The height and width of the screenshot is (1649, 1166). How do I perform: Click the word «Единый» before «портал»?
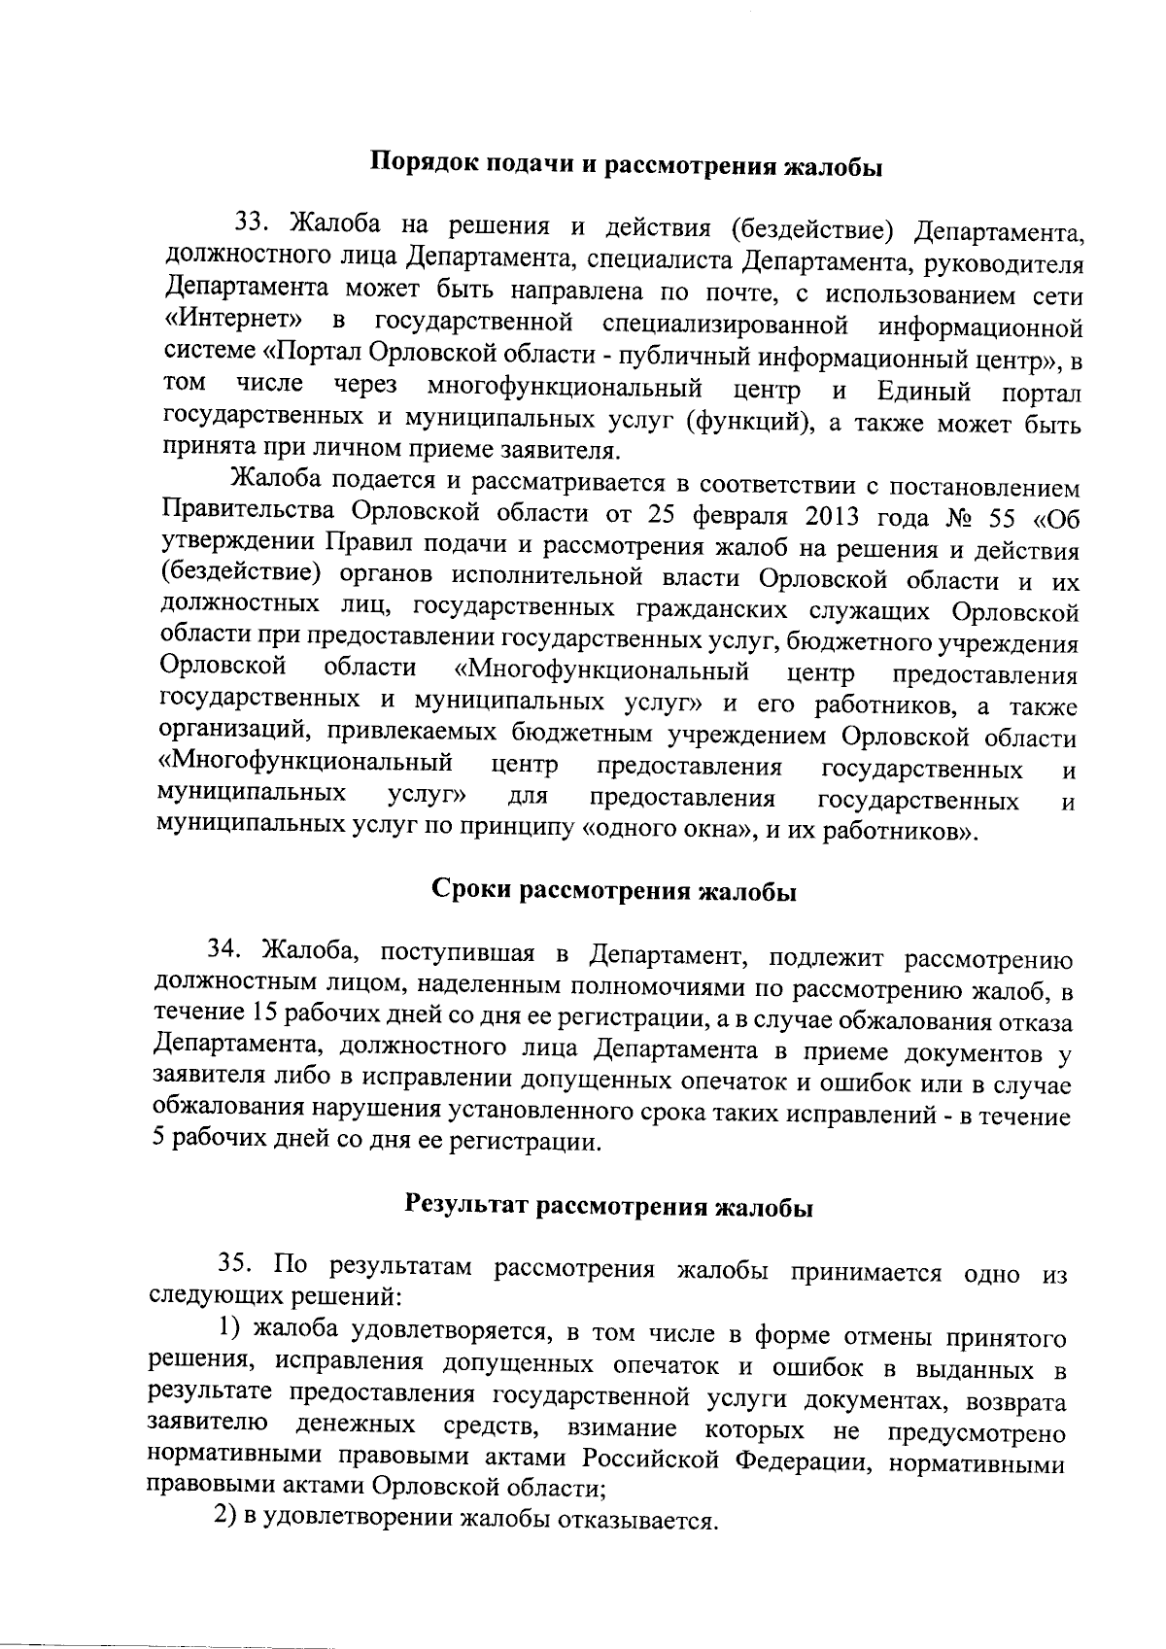[923, 392]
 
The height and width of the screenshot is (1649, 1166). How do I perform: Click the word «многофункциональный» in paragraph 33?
[565, 390]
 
